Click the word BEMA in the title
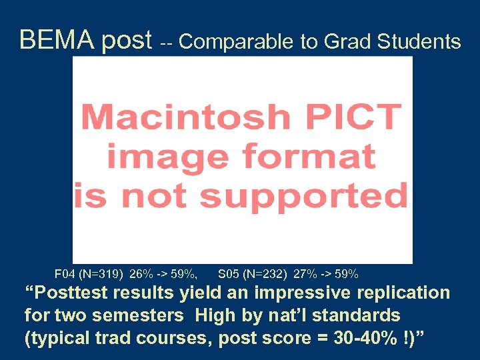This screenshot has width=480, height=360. [58, 41]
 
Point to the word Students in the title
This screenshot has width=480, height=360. [419, 42]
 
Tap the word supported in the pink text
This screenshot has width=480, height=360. [304, 197]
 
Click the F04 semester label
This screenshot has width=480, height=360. [65, 273]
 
